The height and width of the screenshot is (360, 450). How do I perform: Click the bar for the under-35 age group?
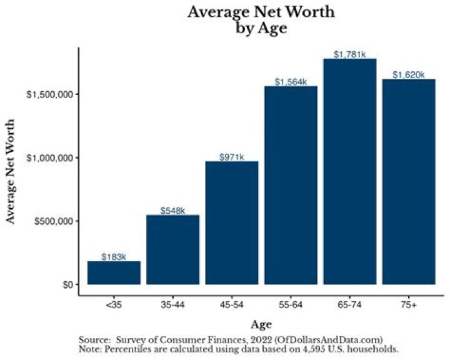(114, 273)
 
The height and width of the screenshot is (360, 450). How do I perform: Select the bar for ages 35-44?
(172, 250)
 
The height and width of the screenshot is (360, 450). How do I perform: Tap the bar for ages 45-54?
(232, 223)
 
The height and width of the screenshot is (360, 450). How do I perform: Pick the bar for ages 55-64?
(291, 186)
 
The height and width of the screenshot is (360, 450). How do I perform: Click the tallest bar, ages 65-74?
(349, 172)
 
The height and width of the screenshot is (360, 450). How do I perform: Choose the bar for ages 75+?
(408, 182)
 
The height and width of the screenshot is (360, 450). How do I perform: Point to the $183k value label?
(114, 257)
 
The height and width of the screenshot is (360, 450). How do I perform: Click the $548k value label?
(172, 211)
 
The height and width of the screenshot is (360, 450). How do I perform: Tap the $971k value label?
(232, 157)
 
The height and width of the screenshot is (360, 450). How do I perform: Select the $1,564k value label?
(291, 82)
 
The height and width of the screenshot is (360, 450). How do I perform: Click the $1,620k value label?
(408, 75)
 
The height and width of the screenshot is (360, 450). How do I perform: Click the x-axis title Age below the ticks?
(261, 324)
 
